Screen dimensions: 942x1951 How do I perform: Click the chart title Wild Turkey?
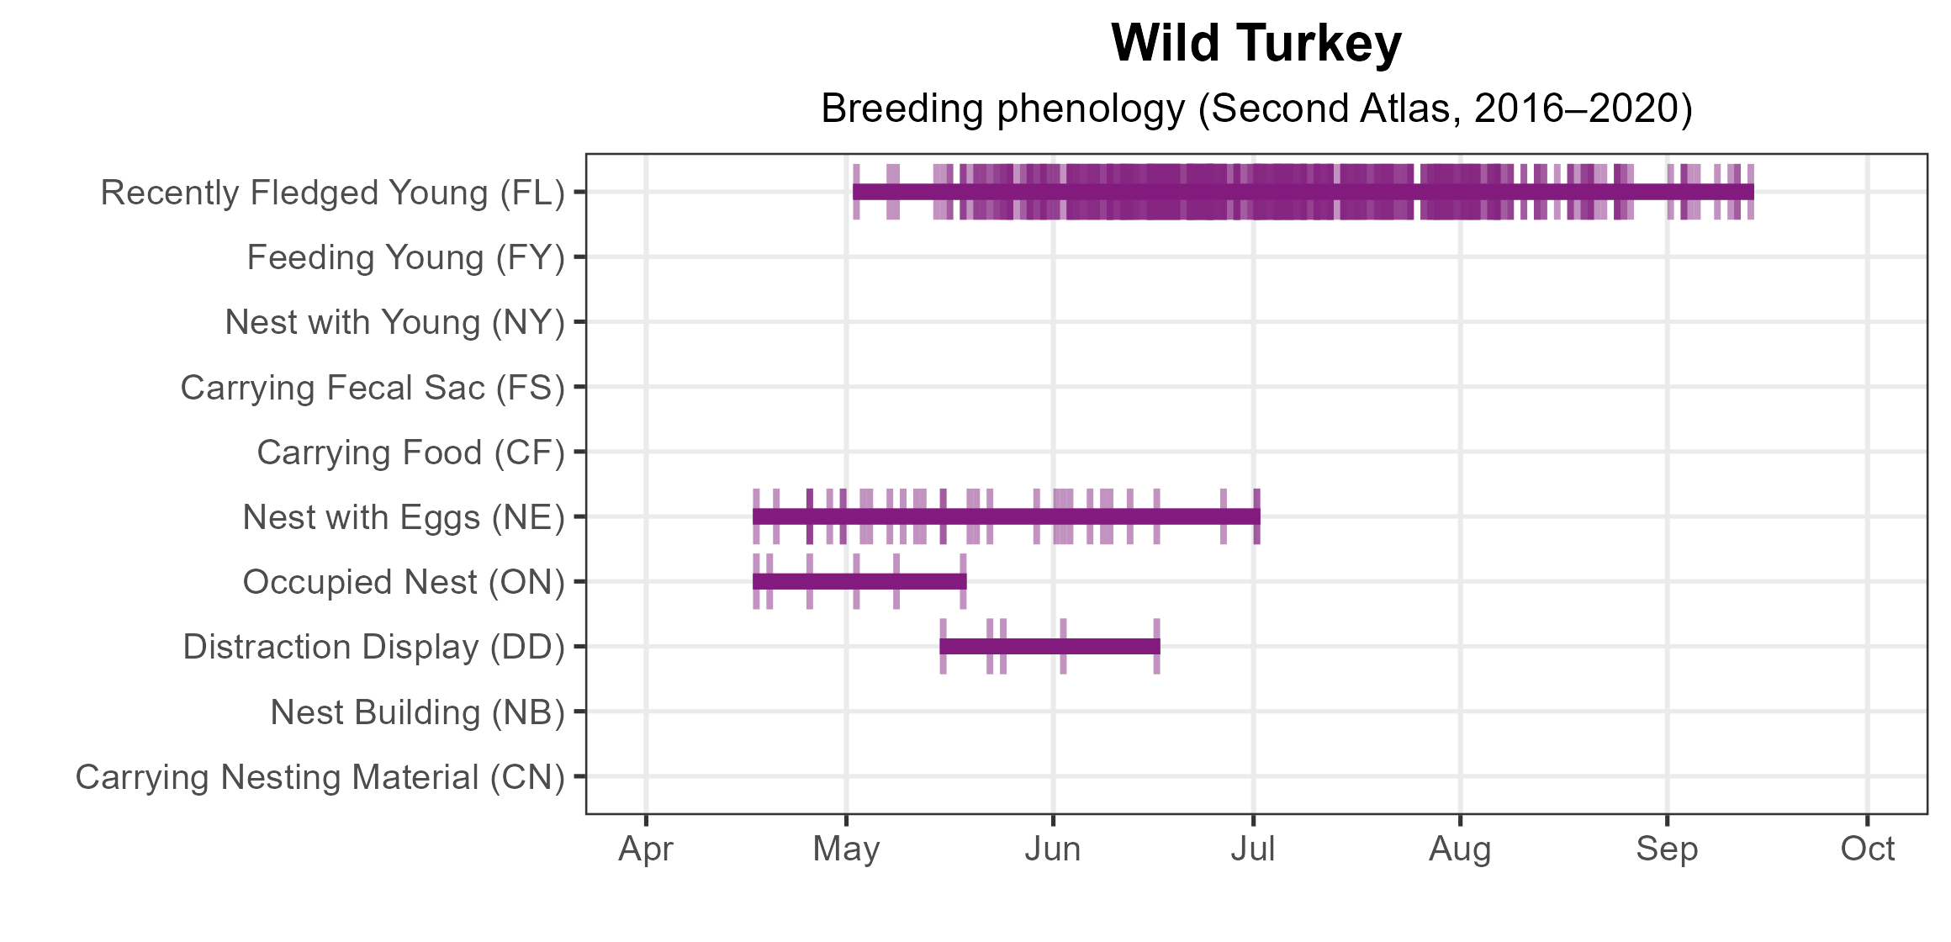click(x=1256, y=44)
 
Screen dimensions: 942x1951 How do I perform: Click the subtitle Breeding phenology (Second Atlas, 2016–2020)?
click(x=1256, y=109)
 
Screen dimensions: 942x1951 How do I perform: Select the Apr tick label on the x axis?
click(x=646, y=849)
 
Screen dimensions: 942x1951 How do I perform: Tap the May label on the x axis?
click(x=846, y=849)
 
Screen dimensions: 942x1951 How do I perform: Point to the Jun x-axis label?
click(x=1053, y=849)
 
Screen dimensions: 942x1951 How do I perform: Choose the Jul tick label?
click(x=1253, y=849)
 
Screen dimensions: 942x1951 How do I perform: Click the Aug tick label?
click(x=1460, y=849)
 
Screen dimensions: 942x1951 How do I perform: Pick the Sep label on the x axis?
click(x=1667, y=849)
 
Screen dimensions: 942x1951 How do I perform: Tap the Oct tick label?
click(x=1867, y=849)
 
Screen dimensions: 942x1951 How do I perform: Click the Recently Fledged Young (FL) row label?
click(x=332, y=193)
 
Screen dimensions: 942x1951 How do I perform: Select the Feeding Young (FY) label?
click(x=405, y=257)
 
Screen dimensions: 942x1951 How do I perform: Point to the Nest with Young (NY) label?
click(x=394, y=322)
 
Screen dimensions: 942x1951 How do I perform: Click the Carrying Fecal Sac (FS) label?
click(x=373, y=388)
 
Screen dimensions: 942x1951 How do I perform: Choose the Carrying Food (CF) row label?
click(x=410, y=452)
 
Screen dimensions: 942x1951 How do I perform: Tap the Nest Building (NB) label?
click(x=417, y=712)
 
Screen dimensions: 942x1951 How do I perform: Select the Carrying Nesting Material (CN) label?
click(x=320, y=777)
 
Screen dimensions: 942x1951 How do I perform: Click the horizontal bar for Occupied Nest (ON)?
click(x=859, y=581)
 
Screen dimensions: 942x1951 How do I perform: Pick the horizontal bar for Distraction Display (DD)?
click(x=1050, y=646)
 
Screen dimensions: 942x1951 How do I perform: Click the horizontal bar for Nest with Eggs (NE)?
click(x=1006, y=516)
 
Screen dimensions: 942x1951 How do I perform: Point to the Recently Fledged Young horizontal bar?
click(x=1303, y=192)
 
